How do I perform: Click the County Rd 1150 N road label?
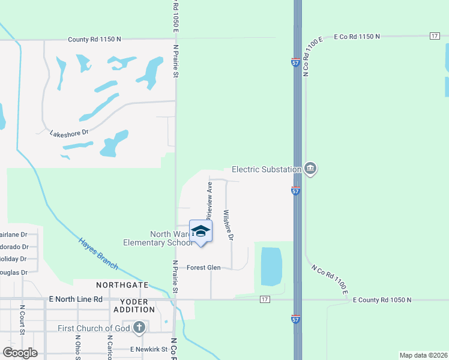[94, 39]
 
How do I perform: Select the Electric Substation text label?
[266, 170]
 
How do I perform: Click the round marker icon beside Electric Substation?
[310, 169]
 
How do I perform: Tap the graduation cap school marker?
[201, 232]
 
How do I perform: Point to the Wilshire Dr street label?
[228, 224]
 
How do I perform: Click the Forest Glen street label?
[203, 268]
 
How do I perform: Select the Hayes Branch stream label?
[98, 253]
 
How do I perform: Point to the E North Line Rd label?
[76, 299]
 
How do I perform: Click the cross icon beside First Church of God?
[139, 328]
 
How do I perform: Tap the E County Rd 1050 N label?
[382, 299]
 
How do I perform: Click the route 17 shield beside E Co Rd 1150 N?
[435, 37]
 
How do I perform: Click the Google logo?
[20, 353]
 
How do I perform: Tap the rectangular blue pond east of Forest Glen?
[271, 266]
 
